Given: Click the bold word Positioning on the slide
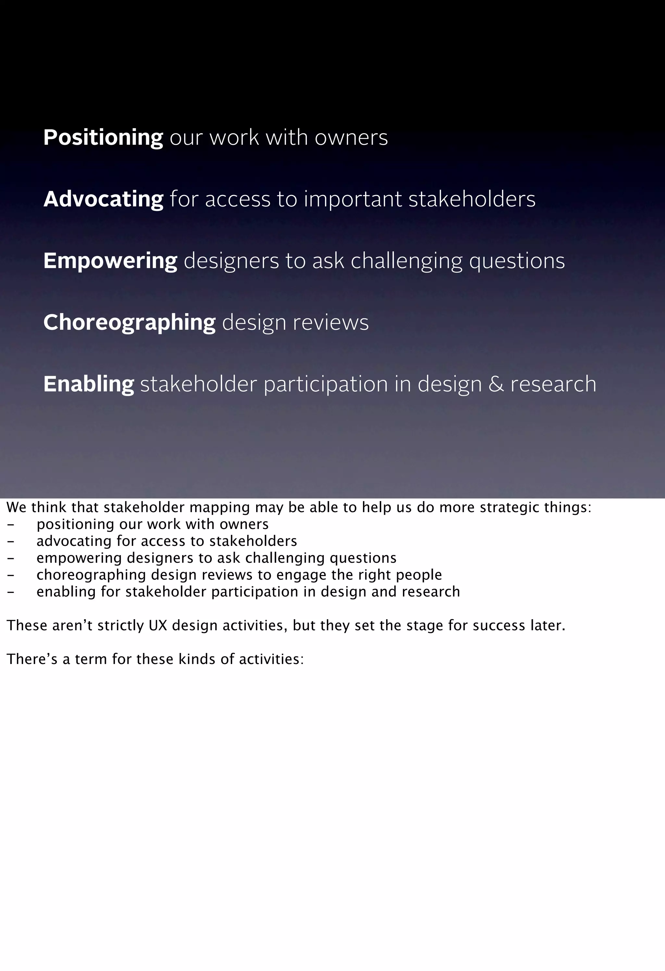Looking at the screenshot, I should pyautogui.click(x=103, y=138).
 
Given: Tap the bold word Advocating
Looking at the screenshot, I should pyautogui.click(x=103, y=199).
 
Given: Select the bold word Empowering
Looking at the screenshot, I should pyautogui.click(x=110, y=261).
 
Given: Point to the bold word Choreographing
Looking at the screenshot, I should pyautogui.click(x=129, y=323).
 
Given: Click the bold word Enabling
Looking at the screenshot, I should pyautogui.click(x=89, y=384).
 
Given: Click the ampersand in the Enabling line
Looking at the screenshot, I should pyautogui.click(x=496, y=384).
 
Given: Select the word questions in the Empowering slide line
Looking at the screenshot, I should pyautogui.click(x=517, y=261).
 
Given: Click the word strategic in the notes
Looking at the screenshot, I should pyautogui.click(x=509, y=508).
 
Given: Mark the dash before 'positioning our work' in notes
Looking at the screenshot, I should pyautogui.click(x=11, y=525).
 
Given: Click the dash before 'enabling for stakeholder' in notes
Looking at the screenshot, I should pyautogui.click(x=11, y=592).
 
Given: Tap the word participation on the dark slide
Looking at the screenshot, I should pyautogui.click(x=326, y=384).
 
